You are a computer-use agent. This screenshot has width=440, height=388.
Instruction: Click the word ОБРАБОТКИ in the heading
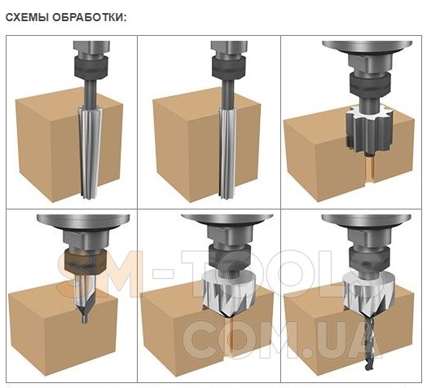[x=90, y=17]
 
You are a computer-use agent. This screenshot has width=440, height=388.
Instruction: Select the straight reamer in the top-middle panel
[x=227, y=153]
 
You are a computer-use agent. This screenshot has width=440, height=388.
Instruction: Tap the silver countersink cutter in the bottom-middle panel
[x=228, y=294]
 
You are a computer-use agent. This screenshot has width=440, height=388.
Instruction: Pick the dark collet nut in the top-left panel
[x=90, y=67]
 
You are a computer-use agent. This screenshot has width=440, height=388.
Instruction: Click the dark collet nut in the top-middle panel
[x=228, y=67]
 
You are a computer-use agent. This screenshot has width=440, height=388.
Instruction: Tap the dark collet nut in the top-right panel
[x=370, y=83]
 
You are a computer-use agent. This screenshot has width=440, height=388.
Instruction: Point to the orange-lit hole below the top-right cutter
[x=370, y=169]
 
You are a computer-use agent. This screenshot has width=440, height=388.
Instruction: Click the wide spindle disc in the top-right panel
[x=367, y=47]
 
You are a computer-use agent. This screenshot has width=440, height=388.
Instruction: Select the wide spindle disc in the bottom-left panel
[x=83, y=221]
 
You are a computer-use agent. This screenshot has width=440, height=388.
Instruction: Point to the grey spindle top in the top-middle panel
[x=229, y=48]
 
